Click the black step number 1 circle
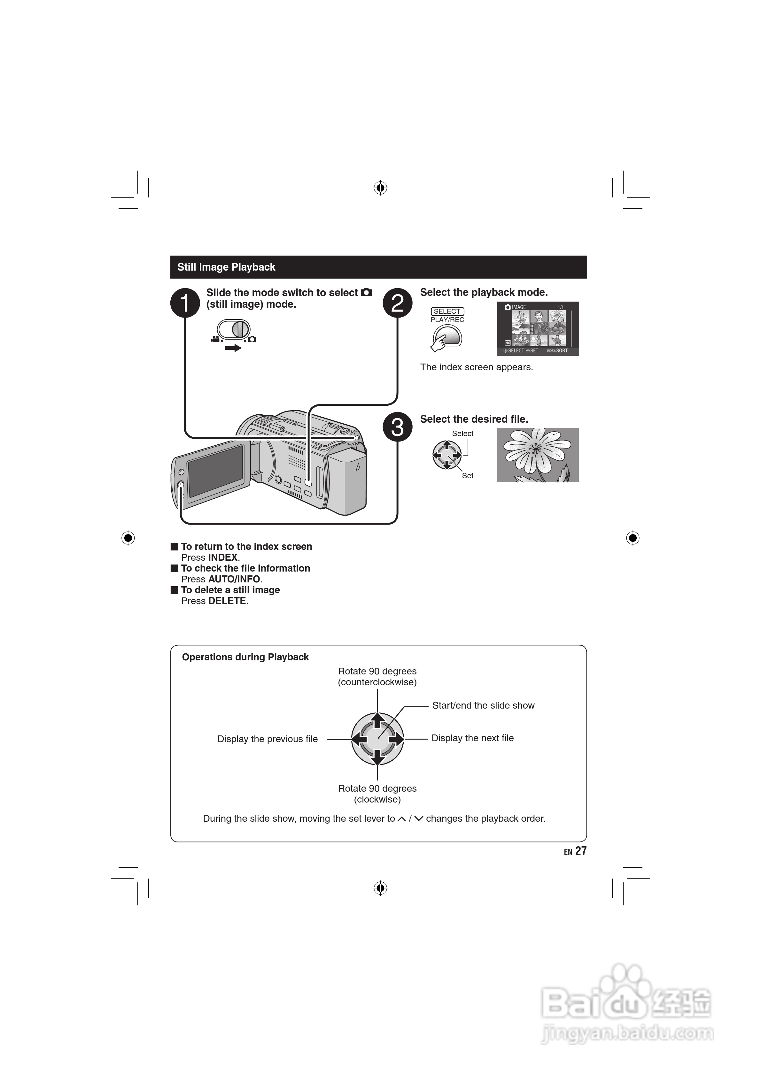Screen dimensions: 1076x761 (185, 303)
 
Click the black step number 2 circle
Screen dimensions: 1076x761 (398, 303)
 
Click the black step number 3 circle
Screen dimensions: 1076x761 (398, 427)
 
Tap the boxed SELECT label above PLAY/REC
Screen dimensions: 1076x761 (447, 311)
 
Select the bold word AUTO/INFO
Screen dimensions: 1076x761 (234, 579)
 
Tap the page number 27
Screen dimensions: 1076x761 (581, 851)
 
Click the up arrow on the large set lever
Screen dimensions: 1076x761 (377, 720)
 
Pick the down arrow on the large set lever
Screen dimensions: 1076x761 (377, 757)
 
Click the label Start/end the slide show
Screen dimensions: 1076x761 (483, 706)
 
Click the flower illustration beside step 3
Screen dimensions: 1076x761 (538, 455)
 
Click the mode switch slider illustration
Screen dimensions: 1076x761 (234, 329)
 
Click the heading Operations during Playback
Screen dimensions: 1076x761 (245, 657)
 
